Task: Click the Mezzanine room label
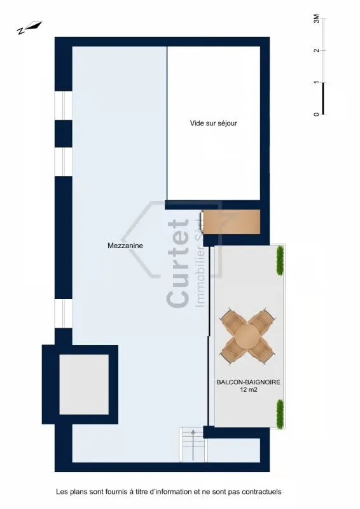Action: click(x=125, y=246)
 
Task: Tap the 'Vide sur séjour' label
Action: click(x=214, y=123)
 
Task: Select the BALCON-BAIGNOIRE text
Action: click(x=248, y=382)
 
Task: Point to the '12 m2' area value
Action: click(x=249, y=390)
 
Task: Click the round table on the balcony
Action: click(x=247, y=336)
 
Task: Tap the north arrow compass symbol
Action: click(x=29, y=27)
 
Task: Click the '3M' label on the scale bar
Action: click(x=316, y=19)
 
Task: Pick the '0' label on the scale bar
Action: click(x=316, y=115)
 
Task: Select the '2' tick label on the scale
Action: click(x=316, y=51)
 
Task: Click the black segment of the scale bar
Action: click(x=323, y=99)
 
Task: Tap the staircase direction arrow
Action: click(x=193, y=445)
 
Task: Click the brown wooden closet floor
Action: click(x=232, y=221)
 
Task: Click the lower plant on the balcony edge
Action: click(x=280, y=414)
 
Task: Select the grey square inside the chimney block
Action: click(x=84, y=384)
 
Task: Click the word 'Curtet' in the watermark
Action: click(x=178, y=263)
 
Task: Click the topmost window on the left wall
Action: click(x=64, y=106)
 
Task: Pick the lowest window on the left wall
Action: click(x=64, y=314)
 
